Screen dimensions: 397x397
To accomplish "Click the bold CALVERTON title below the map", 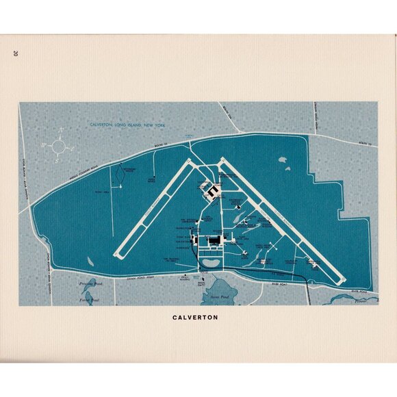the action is [198, 318].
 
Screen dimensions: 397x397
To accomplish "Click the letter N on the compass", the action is [61, 129].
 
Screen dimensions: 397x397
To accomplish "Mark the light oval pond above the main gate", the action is [211, 262].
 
